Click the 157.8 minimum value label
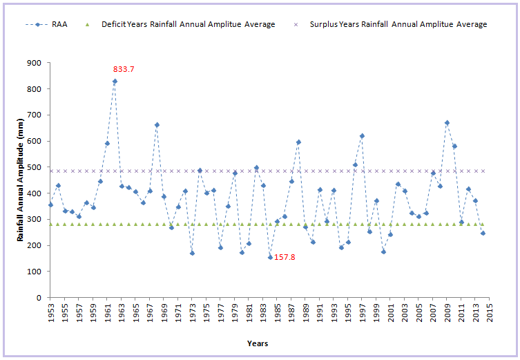[x=286, y=257]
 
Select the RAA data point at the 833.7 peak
[x=115, y=82]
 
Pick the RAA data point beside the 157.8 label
[x=270, y=257]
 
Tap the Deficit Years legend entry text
[x=188, y=25]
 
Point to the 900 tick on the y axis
[x=35, y=63]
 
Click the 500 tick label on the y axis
[x=35, y=167]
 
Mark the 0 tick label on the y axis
[x=39, y=298]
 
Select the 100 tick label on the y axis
[x=35, y=272]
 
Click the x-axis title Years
[x=258, y=343]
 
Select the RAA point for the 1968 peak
[x=157, y=125]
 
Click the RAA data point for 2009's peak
[x=447, y=123]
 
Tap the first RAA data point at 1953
[x=50, y=205]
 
